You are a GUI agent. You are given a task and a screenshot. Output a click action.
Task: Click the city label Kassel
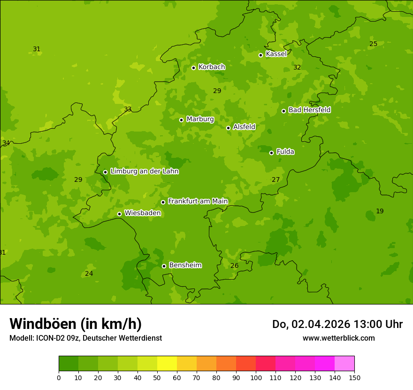276,54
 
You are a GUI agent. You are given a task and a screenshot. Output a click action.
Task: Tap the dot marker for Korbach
193,68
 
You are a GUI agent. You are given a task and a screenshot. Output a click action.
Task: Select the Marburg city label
200,119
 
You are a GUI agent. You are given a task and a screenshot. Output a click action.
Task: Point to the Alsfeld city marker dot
228,128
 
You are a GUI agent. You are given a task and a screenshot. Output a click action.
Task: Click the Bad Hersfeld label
309,110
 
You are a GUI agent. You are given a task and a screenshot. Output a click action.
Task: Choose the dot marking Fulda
271,153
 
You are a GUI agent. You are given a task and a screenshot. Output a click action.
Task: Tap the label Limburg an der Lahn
144,172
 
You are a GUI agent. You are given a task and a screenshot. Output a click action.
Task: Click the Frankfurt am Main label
198,201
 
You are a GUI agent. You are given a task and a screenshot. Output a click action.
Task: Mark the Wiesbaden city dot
119,214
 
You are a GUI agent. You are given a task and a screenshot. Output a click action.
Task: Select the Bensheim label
185,265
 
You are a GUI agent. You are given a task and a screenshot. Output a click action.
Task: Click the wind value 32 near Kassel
297,68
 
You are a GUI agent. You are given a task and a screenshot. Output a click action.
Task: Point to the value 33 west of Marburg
128,109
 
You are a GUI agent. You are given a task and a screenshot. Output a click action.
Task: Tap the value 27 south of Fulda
275,180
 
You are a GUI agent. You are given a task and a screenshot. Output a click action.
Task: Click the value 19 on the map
380,211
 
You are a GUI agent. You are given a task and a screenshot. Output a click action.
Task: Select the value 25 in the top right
373,44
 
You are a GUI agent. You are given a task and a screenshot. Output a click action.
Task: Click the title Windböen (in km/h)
76,324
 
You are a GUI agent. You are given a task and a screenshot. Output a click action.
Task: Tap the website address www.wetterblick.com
338,338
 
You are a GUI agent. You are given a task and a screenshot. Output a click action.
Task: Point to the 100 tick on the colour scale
256,377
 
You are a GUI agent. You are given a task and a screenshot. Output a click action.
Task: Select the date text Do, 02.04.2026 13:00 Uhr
337,324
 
